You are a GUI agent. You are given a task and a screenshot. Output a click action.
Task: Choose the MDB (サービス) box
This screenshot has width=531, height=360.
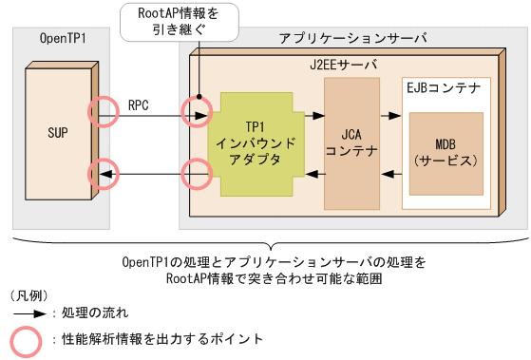(446, 151)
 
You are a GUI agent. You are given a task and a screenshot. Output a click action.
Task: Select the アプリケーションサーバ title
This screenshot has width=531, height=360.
(351, 38)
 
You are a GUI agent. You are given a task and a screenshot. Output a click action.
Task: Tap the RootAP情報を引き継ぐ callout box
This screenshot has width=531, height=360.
(178, 20)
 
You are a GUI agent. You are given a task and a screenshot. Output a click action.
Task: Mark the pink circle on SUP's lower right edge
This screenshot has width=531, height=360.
(103, 175)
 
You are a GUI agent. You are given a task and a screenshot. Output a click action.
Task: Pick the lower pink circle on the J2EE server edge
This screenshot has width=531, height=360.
(197, 175)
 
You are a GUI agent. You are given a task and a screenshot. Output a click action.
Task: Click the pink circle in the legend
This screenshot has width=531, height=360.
(27, 339)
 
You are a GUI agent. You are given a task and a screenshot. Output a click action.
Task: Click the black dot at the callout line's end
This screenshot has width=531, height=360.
(200, 97)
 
